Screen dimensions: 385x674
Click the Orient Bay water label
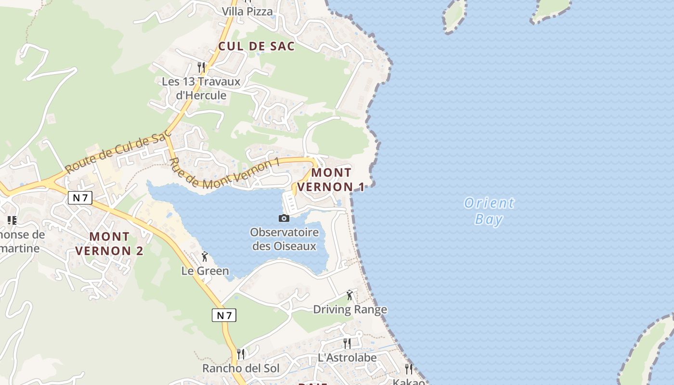[489, 211]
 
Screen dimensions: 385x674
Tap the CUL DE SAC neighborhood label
[256, 46]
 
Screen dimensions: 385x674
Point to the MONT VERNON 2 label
[109, 244]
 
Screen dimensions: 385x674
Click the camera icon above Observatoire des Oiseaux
[284, 218]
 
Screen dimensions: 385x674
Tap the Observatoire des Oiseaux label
[284, 239]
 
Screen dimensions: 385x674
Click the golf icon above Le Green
[205, 257]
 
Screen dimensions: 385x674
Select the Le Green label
[205, 271]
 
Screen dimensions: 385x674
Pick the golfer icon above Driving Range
[350, 295]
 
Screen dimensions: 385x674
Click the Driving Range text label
[350, 309]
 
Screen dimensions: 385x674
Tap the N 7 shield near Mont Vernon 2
[80, 198]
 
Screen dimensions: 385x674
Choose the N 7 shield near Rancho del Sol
[224, 315]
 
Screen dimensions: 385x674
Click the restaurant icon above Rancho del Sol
[241, 354]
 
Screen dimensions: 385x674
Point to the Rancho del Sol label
[241, 369]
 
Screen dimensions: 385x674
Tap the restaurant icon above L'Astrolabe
[347, 343]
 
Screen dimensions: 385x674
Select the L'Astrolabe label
[347, 358]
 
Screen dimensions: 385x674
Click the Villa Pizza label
[247, 11]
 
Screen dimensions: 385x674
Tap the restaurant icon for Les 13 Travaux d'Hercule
[201, 67]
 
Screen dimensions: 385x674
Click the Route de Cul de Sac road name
[118, 153]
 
